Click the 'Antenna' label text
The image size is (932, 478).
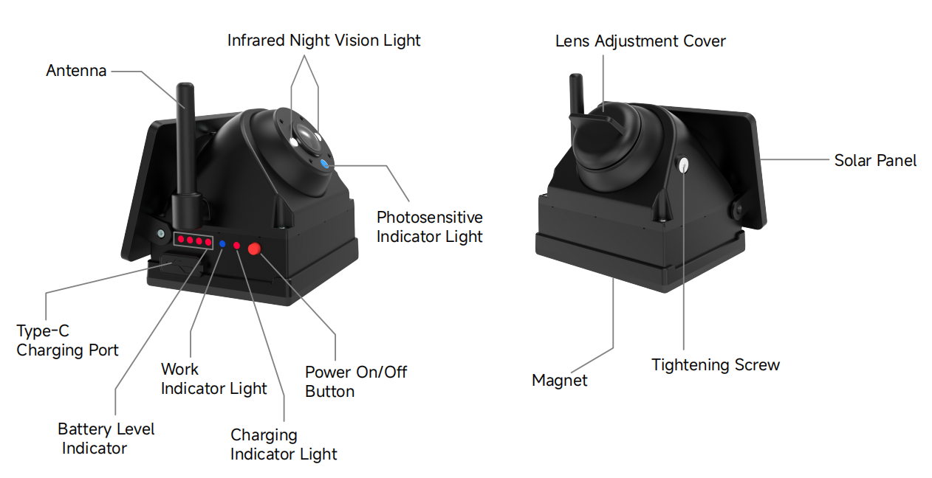76,71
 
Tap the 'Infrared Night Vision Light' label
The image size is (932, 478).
323,41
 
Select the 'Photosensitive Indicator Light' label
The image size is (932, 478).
429,227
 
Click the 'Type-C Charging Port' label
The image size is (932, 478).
67,340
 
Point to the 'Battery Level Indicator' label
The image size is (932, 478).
106,438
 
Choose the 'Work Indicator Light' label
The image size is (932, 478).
214,378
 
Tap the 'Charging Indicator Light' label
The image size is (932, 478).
284,444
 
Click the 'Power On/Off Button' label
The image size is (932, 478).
356,381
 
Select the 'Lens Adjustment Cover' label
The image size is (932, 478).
640,41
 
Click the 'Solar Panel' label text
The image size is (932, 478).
875,161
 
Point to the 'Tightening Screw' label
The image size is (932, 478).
716,365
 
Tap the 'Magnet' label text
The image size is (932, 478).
560,381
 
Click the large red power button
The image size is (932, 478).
254,249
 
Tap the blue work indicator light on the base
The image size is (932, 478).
222,244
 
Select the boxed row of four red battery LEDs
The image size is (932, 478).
193,240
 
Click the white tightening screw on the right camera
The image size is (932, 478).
683,165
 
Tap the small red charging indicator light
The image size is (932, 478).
236,246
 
